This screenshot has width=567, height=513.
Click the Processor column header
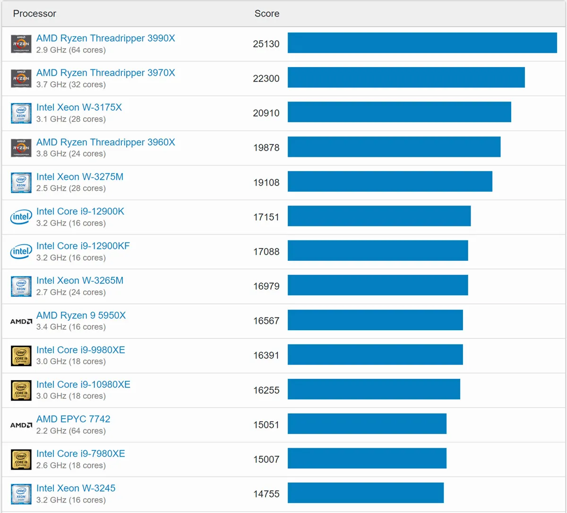34,14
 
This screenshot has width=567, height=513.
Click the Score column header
266,14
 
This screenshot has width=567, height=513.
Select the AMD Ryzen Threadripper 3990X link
105,38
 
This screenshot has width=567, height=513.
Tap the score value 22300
266,78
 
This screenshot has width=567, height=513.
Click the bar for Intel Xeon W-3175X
399,112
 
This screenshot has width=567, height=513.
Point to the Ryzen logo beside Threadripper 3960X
21,148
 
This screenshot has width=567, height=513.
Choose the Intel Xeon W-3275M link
80,177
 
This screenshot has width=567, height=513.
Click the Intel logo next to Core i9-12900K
21,217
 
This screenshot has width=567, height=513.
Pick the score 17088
266,252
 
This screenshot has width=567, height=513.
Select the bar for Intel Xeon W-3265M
378,285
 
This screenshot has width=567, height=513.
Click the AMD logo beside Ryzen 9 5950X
21,321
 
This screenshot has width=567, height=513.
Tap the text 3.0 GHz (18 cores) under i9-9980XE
71,361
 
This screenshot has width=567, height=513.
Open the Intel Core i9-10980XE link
83,385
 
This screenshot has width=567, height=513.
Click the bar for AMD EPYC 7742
367,423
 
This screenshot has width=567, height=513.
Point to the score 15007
266,459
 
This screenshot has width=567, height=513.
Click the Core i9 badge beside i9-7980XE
21,460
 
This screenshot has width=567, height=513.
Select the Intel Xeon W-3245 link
76,488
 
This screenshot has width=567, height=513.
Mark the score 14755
266,494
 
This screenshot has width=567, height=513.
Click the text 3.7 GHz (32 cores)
71,85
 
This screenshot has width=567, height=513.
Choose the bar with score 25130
422,43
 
